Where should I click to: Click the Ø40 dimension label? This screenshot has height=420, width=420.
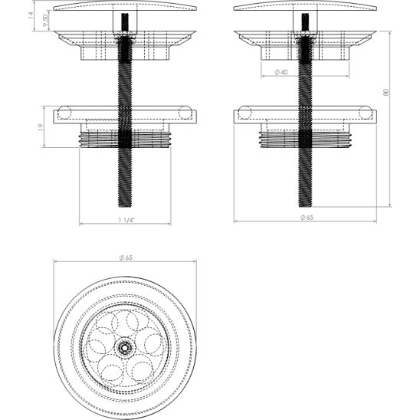[x=281, y=72]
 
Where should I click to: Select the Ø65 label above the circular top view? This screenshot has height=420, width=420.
[x=126, y=258]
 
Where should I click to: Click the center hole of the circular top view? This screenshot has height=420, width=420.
[x=123, y=346]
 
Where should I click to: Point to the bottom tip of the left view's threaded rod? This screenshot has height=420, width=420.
[x=123, y=205]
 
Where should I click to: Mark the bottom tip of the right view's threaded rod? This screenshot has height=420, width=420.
[x=304, y=205]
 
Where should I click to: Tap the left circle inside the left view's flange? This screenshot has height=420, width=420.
[x=61, y=115]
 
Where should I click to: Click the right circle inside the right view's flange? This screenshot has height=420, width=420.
[x=366, y=115]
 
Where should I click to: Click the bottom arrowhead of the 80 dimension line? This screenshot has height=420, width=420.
[x=391, y=205]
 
